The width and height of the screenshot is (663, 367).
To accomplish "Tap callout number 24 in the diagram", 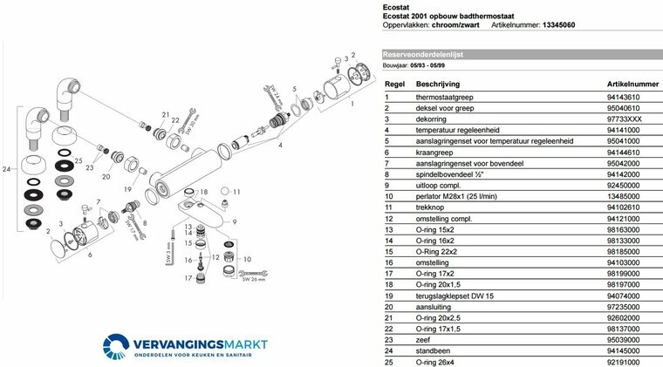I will tap(8, 170).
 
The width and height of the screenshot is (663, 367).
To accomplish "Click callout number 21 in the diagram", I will tap(165, 114).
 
